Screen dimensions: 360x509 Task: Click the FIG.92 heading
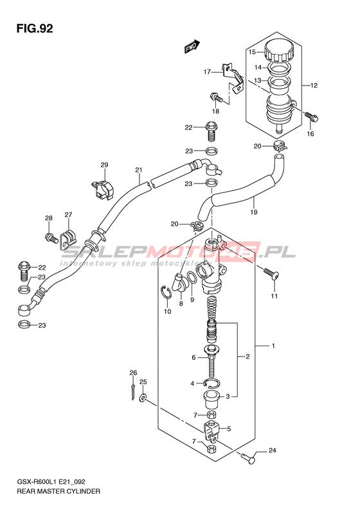pos(35,28)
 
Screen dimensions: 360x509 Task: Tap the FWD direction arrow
pos(192,46)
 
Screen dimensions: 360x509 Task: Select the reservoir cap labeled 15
pos(279,51)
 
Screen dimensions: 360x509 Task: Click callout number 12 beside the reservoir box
pos(314,86)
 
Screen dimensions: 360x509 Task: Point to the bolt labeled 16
pos(312,117)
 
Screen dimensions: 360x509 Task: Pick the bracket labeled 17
pos(233,79)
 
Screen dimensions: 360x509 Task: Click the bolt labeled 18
pos(217,97)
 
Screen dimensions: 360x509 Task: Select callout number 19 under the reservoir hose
pos(254,212)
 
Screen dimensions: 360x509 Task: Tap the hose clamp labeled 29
pos(102,189)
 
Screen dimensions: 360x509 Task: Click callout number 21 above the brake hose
pos(139,170)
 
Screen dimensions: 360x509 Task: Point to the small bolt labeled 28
pos(51,238)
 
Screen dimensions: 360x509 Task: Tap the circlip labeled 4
pos(212,384)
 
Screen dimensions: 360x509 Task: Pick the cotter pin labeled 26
pos(133,392)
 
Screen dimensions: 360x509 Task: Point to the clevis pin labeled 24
pos(249,458)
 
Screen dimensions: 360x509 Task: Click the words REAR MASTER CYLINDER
pos(59,491)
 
